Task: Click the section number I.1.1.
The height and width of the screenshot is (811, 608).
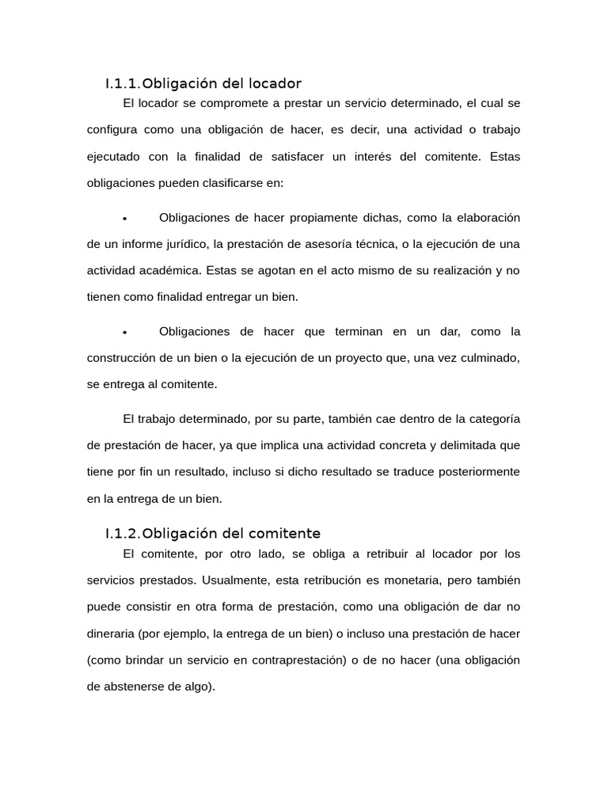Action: [123, 83]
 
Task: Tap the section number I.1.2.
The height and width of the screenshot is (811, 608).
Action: [123, 533]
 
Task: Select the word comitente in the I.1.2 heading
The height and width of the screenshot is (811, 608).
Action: [282, 533]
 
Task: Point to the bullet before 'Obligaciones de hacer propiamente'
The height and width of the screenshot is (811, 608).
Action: [125, 219]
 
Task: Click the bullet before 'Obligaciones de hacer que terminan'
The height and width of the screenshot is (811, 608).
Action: [125, 332]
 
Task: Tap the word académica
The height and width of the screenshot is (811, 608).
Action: [170, 270]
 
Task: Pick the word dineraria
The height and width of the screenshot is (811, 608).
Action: [110, 634]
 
